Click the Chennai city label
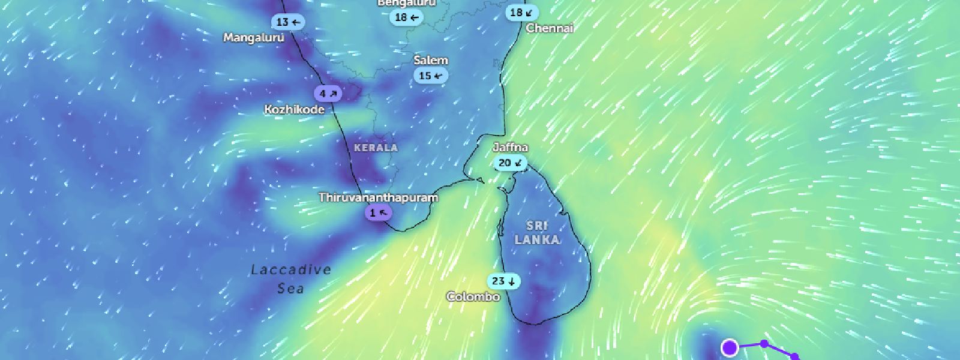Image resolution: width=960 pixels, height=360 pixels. [x=550, y=28]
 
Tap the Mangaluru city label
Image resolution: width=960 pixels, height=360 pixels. [x=253, y=38]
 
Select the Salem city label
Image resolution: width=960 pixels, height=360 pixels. [x=431, y=60]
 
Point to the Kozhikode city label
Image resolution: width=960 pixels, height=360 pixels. [x=295, y=109]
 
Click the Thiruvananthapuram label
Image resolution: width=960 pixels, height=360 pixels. [x=378, y=197]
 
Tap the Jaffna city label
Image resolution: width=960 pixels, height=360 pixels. [x=511, y=148]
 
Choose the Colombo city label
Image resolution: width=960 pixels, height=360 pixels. [x=473, y=296]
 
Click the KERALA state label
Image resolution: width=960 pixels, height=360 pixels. [x=376, y=148]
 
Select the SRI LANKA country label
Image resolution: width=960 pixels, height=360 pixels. [x=537, y=233]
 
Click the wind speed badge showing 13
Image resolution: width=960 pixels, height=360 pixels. [x=288, y=22]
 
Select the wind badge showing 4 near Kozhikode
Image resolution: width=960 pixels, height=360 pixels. [x=328, y=94]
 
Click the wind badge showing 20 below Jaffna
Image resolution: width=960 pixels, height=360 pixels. [x=511, y=163]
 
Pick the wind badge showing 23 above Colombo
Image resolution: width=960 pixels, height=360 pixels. [x=503, y=281]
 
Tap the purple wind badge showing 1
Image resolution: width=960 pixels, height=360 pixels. [x=379, y=212]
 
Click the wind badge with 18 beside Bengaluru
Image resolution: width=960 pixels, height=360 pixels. [x=406, y=17]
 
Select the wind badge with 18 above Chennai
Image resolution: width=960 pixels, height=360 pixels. [x=521, y=13]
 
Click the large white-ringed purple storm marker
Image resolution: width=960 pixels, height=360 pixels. [x=730, y=347]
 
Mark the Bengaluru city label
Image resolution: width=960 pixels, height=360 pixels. [x=406, y=3]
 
